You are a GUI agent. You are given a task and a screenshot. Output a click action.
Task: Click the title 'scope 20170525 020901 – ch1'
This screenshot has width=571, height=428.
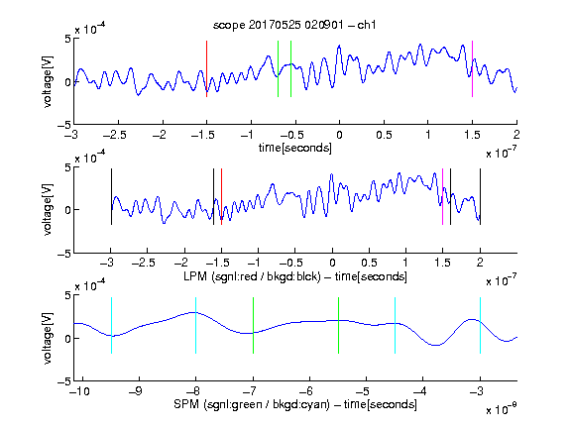[x=294, y=25]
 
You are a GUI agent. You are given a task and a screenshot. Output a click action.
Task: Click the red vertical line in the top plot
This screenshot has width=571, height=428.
[x=207, y=68]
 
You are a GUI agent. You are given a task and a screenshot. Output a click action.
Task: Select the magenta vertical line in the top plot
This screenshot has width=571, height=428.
[x=472, y=68]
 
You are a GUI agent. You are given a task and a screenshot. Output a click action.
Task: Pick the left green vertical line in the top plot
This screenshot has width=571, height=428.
[x=278, y=68]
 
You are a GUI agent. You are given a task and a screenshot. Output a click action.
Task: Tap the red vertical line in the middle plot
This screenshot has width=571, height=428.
[x=221, y=196]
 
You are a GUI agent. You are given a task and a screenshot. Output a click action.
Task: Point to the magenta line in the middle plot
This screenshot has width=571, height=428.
[x=442, y=196]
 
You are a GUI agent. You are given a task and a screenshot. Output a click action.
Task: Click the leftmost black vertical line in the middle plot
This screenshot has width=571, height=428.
[x=111, y=196]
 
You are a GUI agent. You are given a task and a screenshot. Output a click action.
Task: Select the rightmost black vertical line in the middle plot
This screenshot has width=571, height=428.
[x=480, y=196]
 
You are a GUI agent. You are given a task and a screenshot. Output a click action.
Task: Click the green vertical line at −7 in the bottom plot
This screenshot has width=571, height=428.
[x=253, y=325]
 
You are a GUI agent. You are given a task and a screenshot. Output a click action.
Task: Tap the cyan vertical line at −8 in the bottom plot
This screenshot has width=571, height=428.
[x=196, y=325]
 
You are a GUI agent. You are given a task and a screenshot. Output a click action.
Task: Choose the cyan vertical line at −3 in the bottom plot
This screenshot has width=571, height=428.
[x=480, y=325]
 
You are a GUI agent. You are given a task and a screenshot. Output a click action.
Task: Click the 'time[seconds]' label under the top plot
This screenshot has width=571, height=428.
[x=295, y=148]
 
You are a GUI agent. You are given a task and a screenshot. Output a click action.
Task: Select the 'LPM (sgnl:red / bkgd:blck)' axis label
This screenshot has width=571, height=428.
[x=252, y=276]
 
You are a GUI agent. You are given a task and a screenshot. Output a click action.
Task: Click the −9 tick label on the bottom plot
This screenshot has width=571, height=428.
[x=136, y=391]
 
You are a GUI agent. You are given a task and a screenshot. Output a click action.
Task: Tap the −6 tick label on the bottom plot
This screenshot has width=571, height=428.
[x=308, y=391]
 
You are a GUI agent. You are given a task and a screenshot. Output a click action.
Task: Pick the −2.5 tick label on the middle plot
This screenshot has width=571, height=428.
[x=144, y=263]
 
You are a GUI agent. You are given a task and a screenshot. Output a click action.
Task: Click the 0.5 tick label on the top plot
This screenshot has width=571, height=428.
[x=385, y=135]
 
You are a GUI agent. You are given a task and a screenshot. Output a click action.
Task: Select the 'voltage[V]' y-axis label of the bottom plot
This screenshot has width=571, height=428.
[x=48, y=338]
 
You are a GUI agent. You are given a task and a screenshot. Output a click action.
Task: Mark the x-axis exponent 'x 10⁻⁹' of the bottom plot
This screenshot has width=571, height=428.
[x=501, y=409]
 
